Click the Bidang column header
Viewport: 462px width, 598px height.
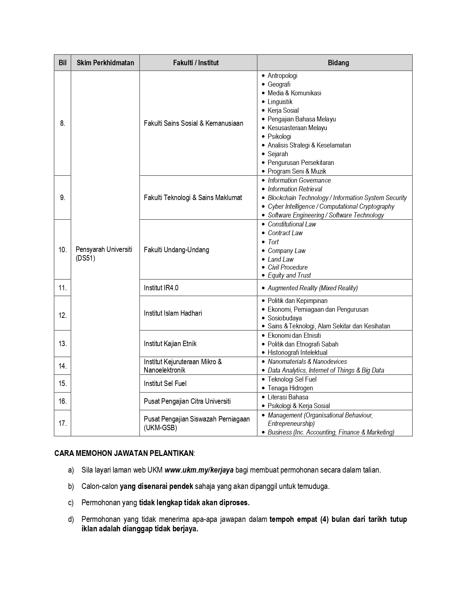(x=338, y=63)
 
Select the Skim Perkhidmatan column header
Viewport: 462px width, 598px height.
(x=105, y=63)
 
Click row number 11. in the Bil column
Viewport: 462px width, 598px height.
(x=63, y=288)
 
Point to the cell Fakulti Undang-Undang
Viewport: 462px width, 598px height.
(x=176, y=250)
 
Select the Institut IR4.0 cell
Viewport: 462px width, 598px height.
(x=161, y=288)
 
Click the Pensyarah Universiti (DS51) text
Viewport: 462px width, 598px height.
(x=104, y=254)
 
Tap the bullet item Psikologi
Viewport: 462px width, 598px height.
(x=279, y=137)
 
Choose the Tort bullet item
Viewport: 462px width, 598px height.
(x=273, y=242)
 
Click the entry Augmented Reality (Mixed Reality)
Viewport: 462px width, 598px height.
(x=312, y=288)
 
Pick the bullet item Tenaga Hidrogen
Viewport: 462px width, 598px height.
(x=290, y=388)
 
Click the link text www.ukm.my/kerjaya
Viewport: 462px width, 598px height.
(x=199, y=470)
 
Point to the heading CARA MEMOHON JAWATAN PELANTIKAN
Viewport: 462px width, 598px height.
(x=124, y=453)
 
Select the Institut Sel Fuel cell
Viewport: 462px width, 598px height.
(x=165, y=383)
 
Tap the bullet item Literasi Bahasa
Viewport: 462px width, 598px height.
(x=288, y=397)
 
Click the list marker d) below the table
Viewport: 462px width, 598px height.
(x=71, y=519)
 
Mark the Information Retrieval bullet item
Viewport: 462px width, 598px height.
(x=295, y=189)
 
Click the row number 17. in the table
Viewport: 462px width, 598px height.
(x=63, y=423)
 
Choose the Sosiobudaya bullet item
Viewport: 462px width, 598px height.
(x=284, y=318)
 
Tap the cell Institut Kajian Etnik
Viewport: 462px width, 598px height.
(x=170, y=344)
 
